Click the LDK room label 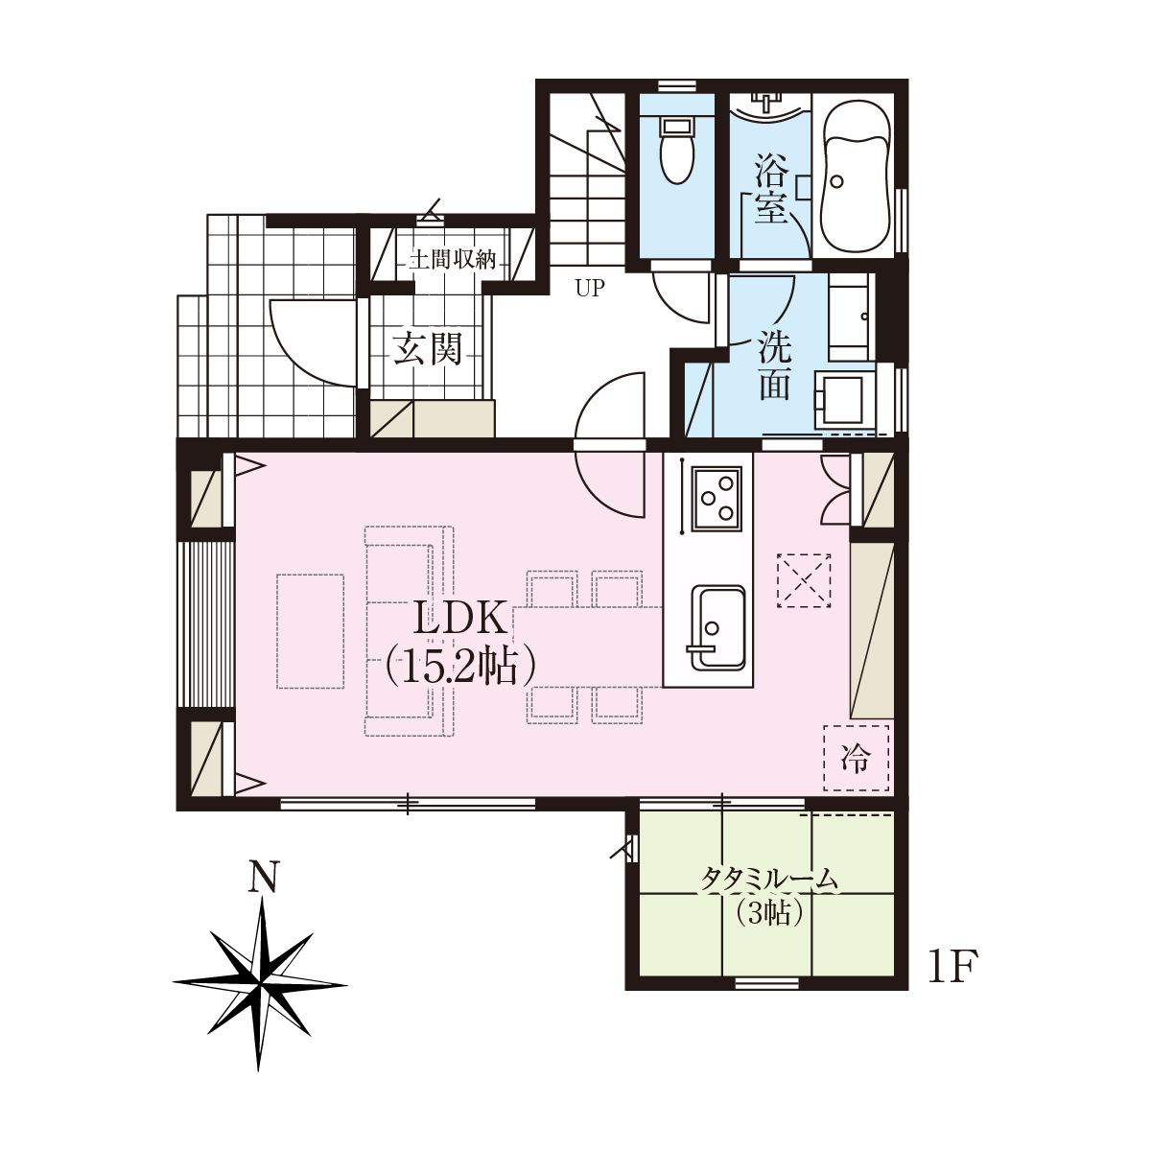pos(460,621)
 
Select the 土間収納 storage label pos(452,260)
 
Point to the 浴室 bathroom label pos(771,188)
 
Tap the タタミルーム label pos(769,880)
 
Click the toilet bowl pos(677,151)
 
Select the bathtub pos(856,177)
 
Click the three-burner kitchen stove pos(716,498)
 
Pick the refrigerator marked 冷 pos(856,759)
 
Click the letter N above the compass pos(264,877)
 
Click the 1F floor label pos(952,967)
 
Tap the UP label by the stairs pos(590,289)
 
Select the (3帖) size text pos(769,913)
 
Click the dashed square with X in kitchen pos(804,580)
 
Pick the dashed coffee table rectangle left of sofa pos(310,631)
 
